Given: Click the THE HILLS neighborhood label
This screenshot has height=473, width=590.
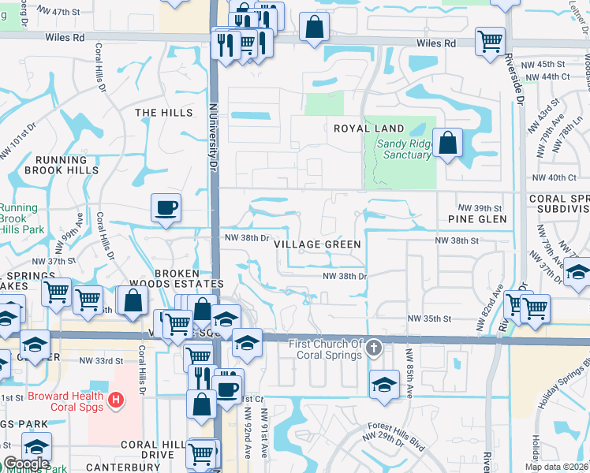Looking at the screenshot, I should coord(163,113).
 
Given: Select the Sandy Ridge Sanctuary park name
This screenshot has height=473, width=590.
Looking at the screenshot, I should coord(404,149).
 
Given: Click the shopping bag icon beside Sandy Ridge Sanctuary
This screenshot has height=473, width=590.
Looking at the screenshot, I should coord(447,143).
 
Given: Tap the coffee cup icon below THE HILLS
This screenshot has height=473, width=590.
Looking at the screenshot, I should coord(166,208).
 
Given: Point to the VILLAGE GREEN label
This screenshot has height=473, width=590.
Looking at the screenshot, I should coord(318,244).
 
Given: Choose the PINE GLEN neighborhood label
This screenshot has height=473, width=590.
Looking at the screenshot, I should coord(476,218).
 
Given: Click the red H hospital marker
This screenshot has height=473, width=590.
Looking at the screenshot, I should coord(117,400).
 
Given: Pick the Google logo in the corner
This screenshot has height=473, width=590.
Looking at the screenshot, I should coord(26,464).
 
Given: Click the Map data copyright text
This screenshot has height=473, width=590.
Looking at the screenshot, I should coord(557,467).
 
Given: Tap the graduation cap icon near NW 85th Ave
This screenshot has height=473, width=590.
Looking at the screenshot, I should coord(383,384).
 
